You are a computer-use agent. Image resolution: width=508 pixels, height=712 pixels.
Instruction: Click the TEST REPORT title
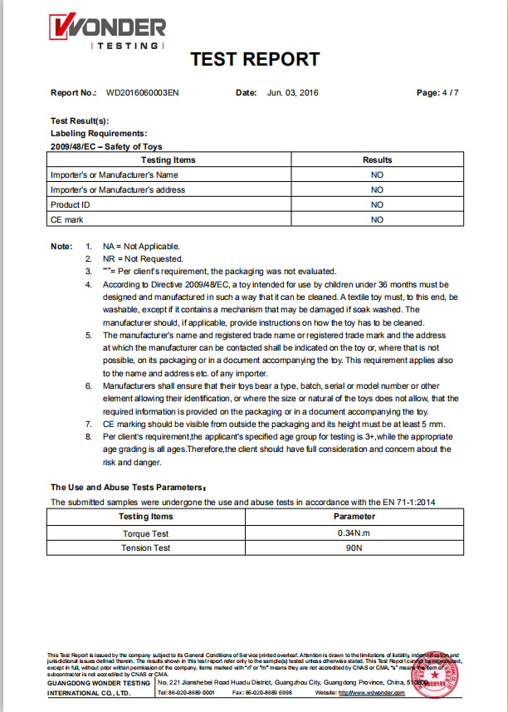(x=255, y=59)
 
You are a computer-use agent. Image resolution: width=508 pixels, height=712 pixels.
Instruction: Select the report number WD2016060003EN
(x=142, y=93)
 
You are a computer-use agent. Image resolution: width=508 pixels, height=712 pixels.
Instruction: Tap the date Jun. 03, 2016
(x=295, y=93)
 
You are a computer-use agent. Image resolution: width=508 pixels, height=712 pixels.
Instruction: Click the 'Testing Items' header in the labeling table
(x=169, y=160)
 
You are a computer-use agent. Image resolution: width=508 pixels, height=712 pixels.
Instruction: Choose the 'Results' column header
(x=377, y=160)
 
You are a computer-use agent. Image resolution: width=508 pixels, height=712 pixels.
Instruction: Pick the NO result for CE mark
(x=377, y=219)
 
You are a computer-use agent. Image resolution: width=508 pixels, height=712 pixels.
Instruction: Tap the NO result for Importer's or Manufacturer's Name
(x=377, y=174)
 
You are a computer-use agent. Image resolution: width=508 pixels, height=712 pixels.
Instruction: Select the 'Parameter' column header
(x=354, y=516)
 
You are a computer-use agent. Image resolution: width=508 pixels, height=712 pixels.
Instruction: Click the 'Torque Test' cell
(x=146, y=532)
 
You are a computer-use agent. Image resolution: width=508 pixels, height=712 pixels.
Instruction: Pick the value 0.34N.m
(x=354, y=532)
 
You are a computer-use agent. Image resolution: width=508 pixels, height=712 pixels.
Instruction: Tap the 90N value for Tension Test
(x=354, y=548)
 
